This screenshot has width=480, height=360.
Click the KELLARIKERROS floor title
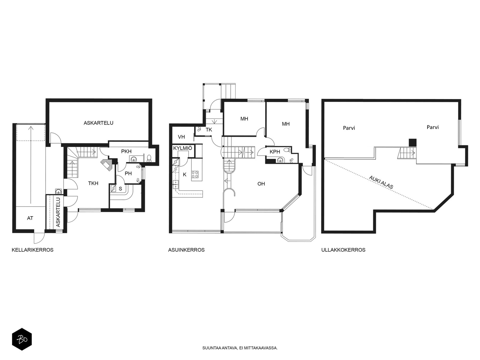point(33,250)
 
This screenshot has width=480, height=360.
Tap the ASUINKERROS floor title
point(186,250)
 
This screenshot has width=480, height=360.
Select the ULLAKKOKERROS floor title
point(343,250)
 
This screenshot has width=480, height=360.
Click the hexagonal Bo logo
point(22,339)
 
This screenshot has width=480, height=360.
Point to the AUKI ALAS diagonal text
point(381,182)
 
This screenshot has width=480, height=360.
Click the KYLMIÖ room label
point(183,148)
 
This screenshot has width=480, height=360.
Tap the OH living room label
point(261,184)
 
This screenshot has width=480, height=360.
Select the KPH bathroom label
point(275,152)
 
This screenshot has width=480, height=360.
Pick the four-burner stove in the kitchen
point(195,174)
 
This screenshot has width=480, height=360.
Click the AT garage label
point(30,218)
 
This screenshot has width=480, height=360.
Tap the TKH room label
point(93,183)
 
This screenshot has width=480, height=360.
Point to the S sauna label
point(120,188)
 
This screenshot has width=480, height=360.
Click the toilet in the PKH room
point(149,158)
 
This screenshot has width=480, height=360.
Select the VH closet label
point(181,137)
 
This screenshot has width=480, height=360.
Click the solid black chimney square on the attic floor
point(412,142)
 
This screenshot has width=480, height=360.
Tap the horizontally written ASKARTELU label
point(98,123)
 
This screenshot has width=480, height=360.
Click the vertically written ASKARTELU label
point(58,212)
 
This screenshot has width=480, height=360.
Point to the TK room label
point(208,130)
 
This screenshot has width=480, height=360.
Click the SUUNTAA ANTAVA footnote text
point(240,348)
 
